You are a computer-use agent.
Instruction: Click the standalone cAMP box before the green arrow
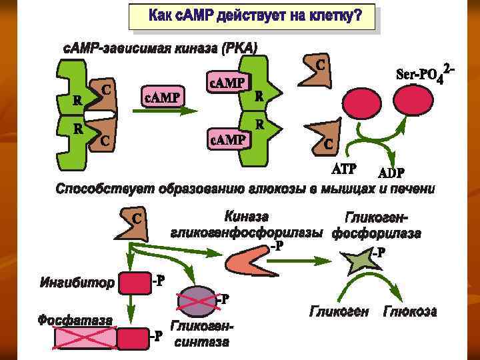click(163, 99)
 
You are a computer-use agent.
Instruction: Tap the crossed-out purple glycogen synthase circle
click(198, 301)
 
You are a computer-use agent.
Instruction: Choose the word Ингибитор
click(77, 283)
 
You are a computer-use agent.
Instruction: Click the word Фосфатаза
click(75, 320)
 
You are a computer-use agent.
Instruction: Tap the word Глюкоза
click(409, 312)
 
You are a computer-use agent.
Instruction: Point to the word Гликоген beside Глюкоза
click(339, 312)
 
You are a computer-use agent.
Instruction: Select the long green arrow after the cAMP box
click(160, 113)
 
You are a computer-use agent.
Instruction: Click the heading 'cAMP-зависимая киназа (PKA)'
click(160, 48)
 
